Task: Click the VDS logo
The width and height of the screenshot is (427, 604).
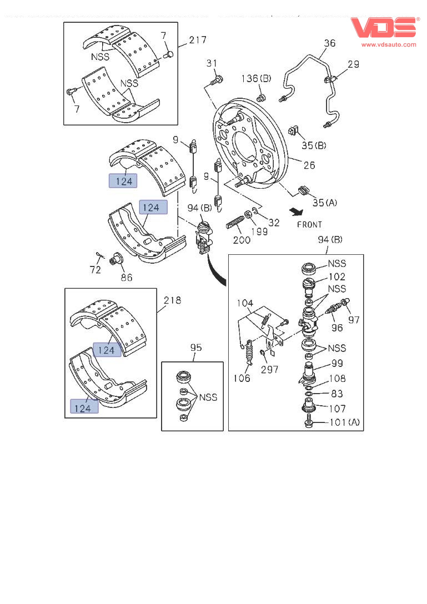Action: pyautogui.click(x=384, y=28)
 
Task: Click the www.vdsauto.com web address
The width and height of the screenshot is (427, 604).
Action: pyautogui.click(x=389, y=44)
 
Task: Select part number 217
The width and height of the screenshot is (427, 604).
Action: pyautogui.click(x=197, y=40)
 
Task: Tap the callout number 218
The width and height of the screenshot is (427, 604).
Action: pyautogui.click(x=172, y=300)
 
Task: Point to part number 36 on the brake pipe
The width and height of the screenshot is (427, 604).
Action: pyautogui.click(x=329, y=43)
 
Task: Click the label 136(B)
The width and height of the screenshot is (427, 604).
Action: pyautogui.click(x=256, y=79)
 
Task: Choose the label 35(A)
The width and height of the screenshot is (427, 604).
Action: pyautogui.click(x=325, y=203)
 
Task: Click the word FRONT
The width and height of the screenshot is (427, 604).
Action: pyautogui.click(x=309, y=225)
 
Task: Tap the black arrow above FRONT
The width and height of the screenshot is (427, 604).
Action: pyautogui.click(x=298, y=212)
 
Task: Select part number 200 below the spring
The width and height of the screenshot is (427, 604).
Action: pyautogui.click(x=242, y=240)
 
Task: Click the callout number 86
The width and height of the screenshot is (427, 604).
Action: pyautogui.click(x=127, y=276)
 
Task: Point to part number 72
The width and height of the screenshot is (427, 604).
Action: pyautogui.click(x=96, y=270)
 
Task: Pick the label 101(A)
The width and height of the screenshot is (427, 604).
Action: pyautogui.click(x=344, y=422)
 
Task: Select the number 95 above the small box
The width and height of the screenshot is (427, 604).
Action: pyautogui.click(x=196, y=348)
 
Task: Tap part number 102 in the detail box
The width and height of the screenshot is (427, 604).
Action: pyautogui.click(x=336, y=276)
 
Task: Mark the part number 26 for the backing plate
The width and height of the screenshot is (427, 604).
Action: pyautogui.click(x=309, y=165)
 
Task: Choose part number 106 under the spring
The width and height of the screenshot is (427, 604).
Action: pyautogui.click(x=242, y=378)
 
